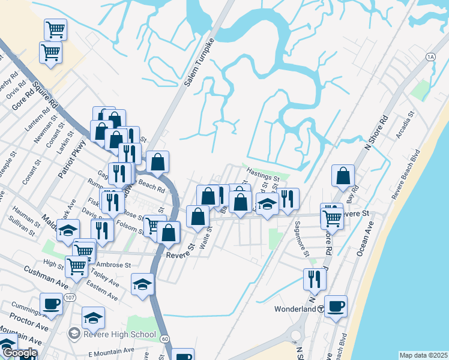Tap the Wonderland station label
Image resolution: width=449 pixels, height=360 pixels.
pyautogui.click(x=294, y=309)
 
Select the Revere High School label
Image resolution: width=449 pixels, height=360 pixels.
pyautogui.click(x=119, y=334)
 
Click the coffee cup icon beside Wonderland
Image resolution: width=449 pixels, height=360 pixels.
pyautogui.click(x=336, y=306)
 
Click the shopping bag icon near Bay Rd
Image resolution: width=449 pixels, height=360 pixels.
pyautogui.click(x=343, y=176)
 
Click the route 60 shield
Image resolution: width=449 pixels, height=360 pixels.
pyautogui.click(x=164, y=338)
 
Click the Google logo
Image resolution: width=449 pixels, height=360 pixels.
pyautogui.click(x=19, y=353)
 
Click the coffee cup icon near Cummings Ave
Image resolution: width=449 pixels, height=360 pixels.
pyautogui.click(x=52, y=304)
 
